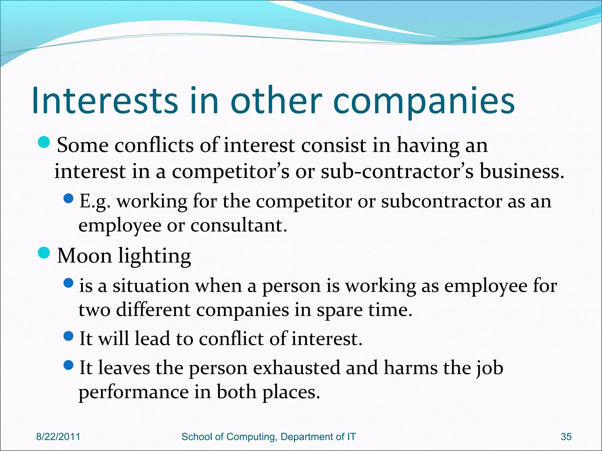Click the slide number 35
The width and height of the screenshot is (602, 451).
[566, 437]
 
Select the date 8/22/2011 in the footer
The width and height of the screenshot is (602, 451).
[58, 437]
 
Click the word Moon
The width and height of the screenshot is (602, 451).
[84, 256]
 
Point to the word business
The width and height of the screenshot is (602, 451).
[522, 171]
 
